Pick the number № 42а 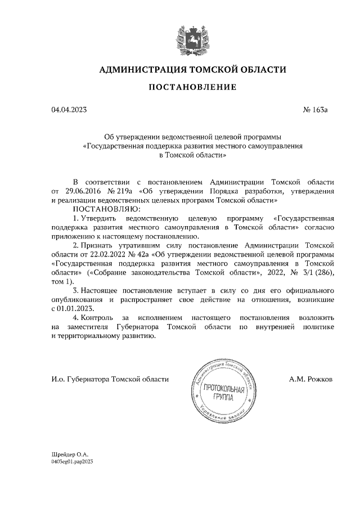[x=141, y=255]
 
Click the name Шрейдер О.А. [x=70, y=453]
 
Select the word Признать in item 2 [x=96, y=245]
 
